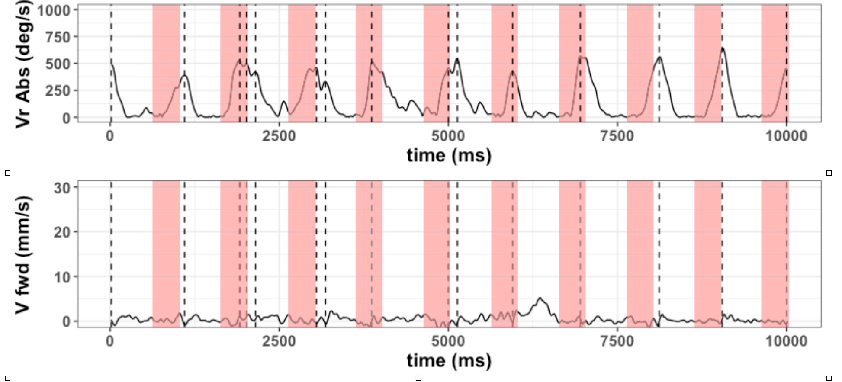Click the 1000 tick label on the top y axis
pos(54,10)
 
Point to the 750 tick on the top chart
pos(58,37)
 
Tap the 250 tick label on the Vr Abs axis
pos(58,91)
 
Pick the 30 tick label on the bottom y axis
pos(62,188)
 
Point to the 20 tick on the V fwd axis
pos(62,232)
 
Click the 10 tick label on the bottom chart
pos(62,277)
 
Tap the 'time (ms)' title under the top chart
pos(449,155)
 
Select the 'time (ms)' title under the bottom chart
pos(449,360)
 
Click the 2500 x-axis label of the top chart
pos(279,136)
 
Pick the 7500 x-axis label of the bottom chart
pos(617,341)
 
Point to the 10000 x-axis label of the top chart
pos(786,136)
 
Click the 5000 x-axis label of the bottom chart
pos(448,341)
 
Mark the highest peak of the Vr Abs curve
pos(722,48)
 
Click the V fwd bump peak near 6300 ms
pos(540,298)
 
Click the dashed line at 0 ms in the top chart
pos(111,35)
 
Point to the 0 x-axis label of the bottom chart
pos(110,341)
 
